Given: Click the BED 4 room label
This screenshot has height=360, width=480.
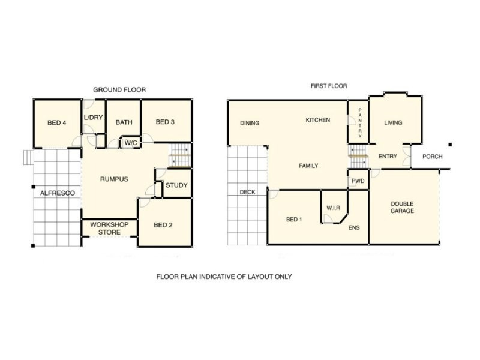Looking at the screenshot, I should pyautogui.click(x=56, y=123).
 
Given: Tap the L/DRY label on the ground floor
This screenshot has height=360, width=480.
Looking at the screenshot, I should pyautogui.click(x=93, y=117).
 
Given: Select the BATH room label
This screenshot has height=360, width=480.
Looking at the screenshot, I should pyautogui.click(x=124, y=122).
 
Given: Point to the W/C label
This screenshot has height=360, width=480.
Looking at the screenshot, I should pyautogui.click(x=130, y=143).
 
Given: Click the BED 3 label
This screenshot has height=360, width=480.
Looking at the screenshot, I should pyautogui.click(x=165, y=122).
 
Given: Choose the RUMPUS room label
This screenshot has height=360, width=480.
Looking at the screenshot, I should pyautogui.click(x=114, y=179).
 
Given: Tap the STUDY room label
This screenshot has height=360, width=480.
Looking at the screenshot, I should pyautogui.click(x=176, y=185).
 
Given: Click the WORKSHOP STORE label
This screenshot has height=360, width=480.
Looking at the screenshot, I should pyautogui.click(x=110, y=228).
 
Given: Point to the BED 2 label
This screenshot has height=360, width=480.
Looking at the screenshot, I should pyautogui.click(x=163, y=225).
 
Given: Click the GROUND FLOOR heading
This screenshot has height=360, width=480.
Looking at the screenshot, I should pyautogui.click(x=119, y=90).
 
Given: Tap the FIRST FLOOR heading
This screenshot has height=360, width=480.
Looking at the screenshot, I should pyautogui.click(x=328, y=86).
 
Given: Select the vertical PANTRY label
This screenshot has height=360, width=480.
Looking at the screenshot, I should pyautogui.click(x=360, y=123).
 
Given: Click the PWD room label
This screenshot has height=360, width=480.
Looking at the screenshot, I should pyautogui.click(x=358, y=181).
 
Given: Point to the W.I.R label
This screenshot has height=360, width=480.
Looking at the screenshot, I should pyautogui.click(x=333, y=208).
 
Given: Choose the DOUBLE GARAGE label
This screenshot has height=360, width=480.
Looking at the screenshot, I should pyautogui.click(x=402, y=208).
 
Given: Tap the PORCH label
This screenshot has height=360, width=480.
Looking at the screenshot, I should pyautogui.click(x=433, y=157).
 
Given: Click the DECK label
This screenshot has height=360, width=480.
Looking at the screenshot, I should pyautogui.click(x=247, y=193).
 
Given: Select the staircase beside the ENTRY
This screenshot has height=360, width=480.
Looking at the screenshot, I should pyautogui.click(x=358, y=156).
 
